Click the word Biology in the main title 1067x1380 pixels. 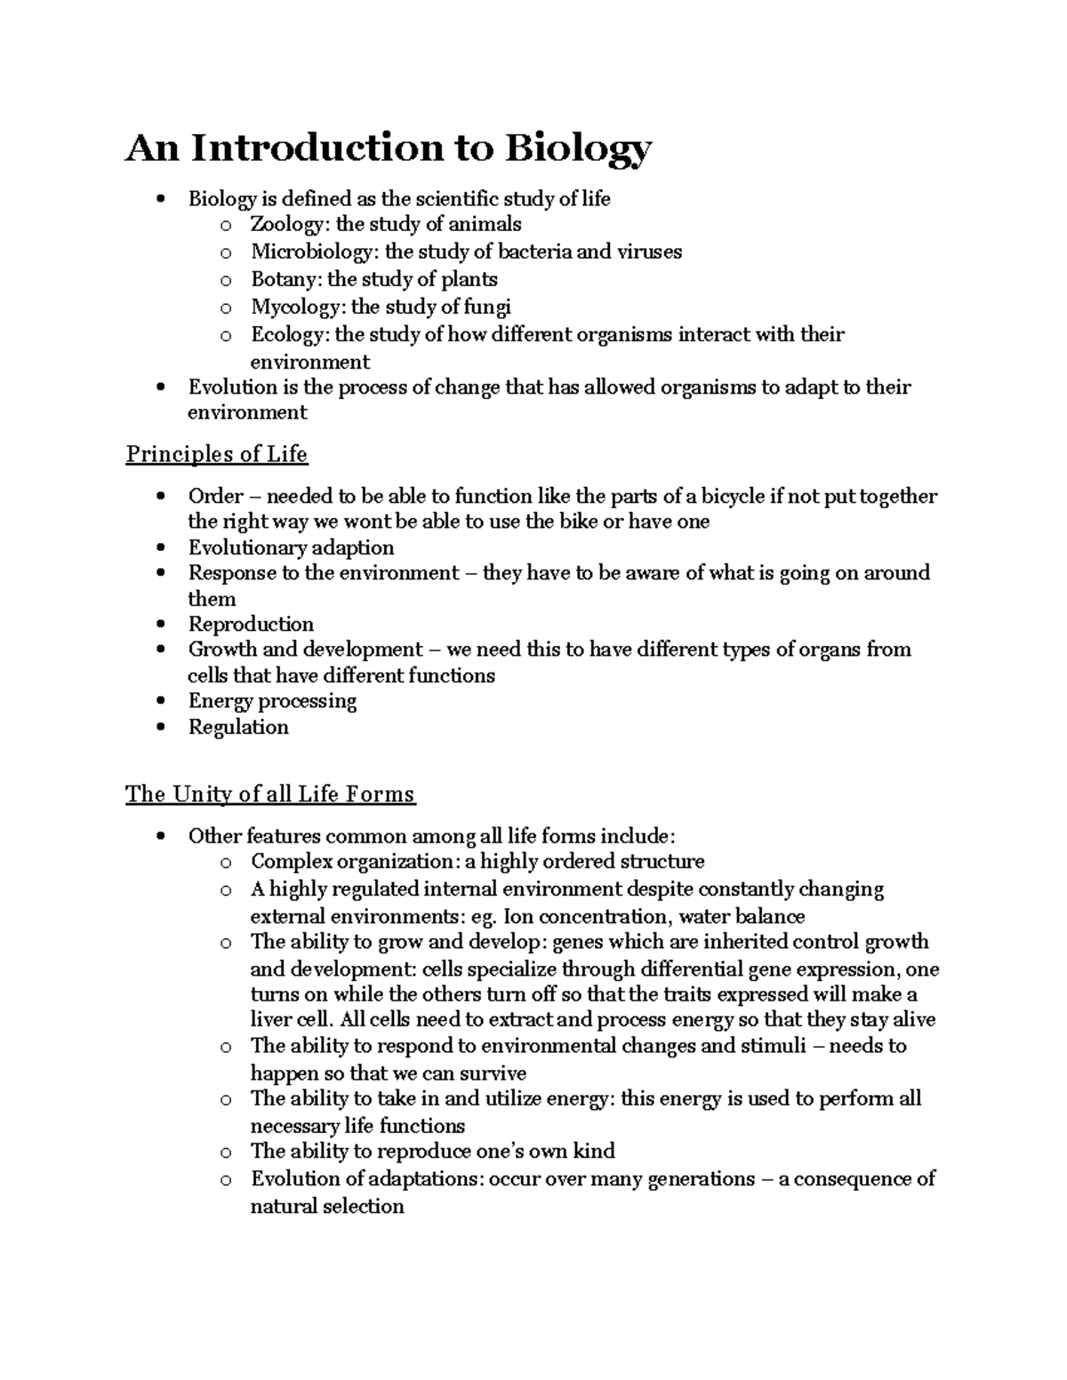click(578, 148)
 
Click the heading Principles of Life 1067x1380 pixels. click(216, 454)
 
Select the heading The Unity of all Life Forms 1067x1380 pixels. click(270, 794)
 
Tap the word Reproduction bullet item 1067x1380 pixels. click(251, 624)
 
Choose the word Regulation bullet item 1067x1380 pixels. click(238, 727)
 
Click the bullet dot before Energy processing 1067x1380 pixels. click(160, 702)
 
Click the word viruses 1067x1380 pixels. click(648, 251)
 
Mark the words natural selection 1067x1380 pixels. click(327, 1207)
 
